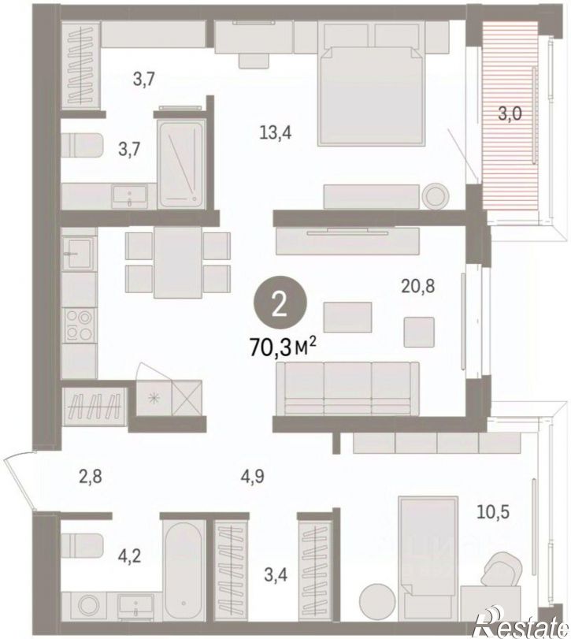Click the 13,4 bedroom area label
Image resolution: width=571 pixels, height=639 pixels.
tap(276, 132)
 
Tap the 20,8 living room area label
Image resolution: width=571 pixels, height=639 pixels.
tap(418, 287)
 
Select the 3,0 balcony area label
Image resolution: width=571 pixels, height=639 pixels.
tap(510, 113)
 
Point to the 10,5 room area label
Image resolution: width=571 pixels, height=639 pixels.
tap(493, 512)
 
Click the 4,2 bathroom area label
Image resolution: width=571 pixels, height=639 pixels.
tap(128, 555)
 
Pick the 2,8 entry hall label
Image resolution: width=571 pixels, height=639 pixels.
tap(90, 476)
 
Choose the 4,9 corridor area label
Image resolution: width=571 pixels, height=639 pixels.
tap(252, 476)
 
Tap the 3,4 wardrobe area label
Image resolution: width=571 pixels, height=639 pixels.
tap(276, 575)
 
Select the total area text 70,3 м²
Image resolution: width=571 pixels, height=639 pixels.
tap(284, 347)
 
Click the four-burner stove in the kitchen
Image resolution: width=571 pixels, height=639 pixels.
tap(80, 325)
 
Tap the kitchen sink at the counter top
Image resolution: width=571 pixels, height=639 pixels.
tap(79, 253)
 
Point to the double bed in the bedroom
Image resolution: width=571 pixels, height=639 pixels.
tap(372, 96)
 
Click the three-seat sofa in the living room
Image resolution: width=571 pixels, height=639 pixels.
tap(347, 388)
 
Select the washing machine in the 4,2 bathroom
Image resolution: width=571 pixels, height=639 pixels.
tap(90, 605)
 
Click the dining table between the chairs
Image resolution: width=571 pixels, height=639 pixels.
tap(178, 262)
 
